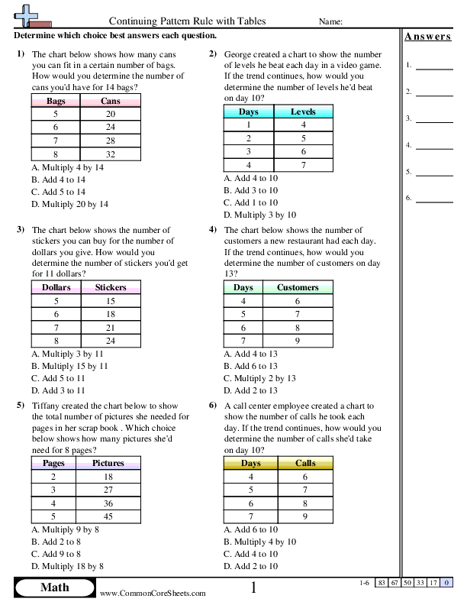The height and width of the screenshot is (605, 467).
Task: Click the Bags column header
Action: point(56,101)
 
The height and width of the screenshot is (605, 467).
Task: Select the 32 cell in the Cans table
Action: point(110,154)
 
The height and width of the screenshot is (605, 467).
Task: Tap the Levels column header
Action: point(303,112)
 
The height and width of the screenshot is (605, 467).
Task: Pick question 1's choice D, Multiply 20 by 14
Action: point(70,204)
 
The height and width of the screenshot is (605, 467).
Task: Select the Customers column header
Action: point(298,287)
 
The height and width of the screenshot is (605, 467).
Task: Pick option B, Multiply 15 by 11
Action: point(70,366)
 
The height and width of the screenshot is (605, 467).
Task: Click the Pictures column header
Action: point(108,463)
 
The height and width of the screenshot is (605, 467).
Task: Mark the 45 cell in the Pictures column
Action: point(108,516)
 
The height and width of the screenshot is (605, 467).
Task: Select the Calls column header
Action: point(305,463)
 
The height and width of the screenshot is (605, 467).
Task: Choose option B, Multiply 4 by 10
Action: point(259,542)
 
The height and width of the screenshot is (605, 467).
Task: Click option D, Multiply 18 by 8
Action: point(67,566)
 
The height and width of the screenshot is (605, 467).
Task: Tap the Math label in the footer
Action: point(54,587)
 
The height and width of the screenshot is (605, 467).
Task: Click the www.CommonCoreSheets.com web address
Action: point(152,593)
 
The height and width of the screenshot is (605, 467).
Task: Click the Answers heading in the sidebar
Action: point(427,37)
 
